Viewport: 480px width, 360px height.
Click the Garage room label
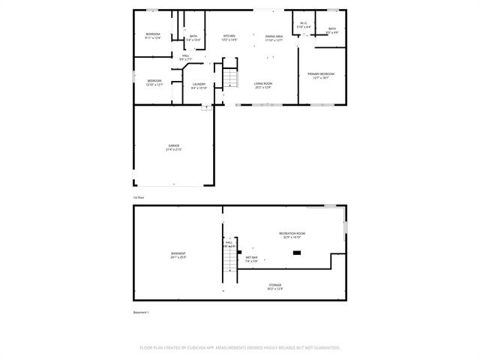173,148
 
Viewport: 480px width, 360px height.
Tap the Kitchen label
229,37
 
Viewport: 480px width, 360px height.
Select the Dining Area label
274,37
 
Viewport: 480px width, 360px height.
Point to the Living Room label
262,85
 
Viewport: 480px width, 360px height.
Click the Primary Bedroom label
320,75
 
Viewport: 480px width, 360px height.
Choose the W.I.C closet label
303,25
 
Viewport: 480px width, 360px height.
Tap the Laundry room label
199,85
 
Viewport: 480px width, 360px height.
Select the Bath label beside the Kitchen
193,38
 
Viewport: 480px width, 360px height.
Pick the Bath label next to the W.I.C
332,31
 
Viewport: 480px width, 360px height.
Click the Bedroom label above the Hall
153,36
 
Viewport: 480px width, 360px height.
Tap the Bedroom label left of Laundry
154,82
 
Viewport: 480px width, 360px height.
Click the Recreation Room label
292,235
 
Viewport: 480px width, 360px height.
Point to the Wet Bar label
251,259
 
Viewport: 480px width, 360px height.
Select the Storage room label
275,286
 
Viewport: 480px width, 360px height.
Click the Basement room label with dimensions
178,255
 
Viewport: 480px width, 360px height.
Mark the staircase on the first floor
231,78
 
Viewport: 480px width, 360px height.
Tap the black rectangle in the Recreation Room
297,253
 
